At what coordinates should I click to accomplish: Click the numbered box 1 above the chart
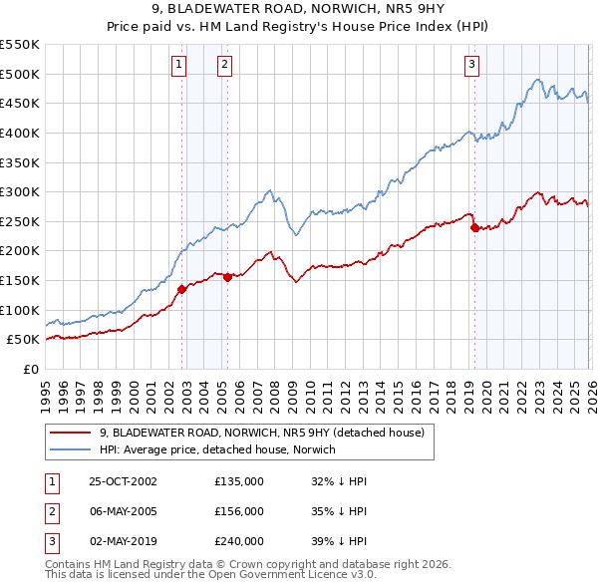(x=178, y=65)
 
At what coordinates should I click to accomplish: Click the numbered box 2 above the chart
(x=224, y=65)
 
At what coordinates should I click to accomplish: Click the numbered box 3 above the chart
(x=470, y=65)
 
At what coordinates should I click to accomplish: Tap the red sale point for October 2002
(x=182, y=289)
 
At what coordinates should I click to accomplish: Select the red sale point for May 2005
(x=227, y=277)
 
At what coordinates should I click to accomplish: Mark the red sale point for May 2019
(x=474, y=227)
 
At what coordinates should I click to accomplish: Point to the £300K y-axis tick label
(x=20, y=191)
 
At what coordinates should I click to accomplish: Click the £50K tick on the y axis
(x=23, y=340)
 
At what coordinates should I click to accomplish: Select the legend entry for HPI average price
(x=218, y=449)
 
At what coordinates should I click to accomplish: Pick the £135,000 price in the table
(x=239, y=481)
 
